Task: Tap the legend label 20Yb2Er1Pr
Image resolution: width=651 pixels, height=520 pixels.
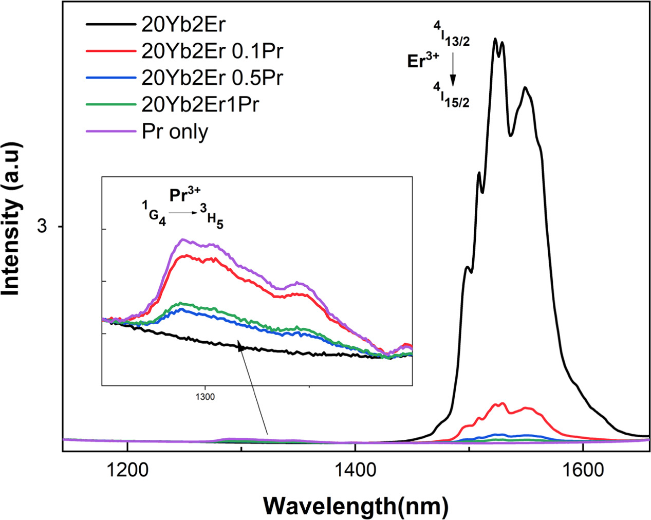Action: point(200,104)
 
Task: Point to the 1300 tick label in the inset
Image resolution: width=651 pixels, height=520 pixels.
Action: point(205,397)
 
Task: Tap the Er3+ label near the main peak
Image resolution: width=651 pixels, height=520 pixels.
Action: point(423,61)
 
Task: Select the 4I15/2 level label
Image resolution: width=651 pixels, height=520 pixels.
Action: point(451,98)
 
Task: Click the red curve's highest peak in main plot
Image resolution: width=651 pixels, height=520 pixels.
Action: point(497,404)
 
